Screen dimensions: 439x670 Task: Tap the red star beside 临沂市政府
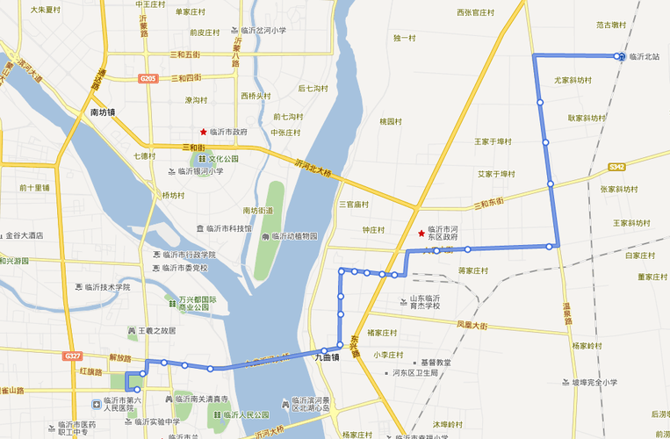click(204, 131)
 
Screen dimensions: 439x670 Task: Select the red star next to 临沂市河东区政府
click(421, 233)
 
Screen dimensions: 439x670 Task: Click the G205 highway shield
click(148, 78)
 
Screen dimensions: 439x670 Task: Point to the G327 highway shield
click(73, 356)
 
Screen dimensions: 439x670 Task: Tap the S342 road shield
click(617, 166)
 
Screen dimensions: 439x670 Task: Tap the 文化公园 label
click(223, 159)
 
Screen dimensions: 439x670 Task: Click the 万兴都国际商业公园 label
click(198, 303)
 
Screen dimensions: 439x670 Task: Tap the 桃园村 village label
click(392, 121)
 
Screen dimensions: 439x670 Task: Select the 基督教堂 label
click(435, 362)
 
